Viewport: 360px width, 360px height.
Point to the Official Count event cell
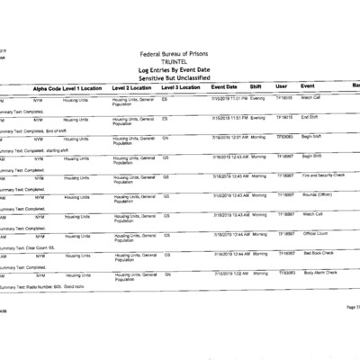click(x=314, y=234)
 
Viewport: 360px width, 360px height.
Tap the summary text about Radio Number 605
click(x=41, y=285)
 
